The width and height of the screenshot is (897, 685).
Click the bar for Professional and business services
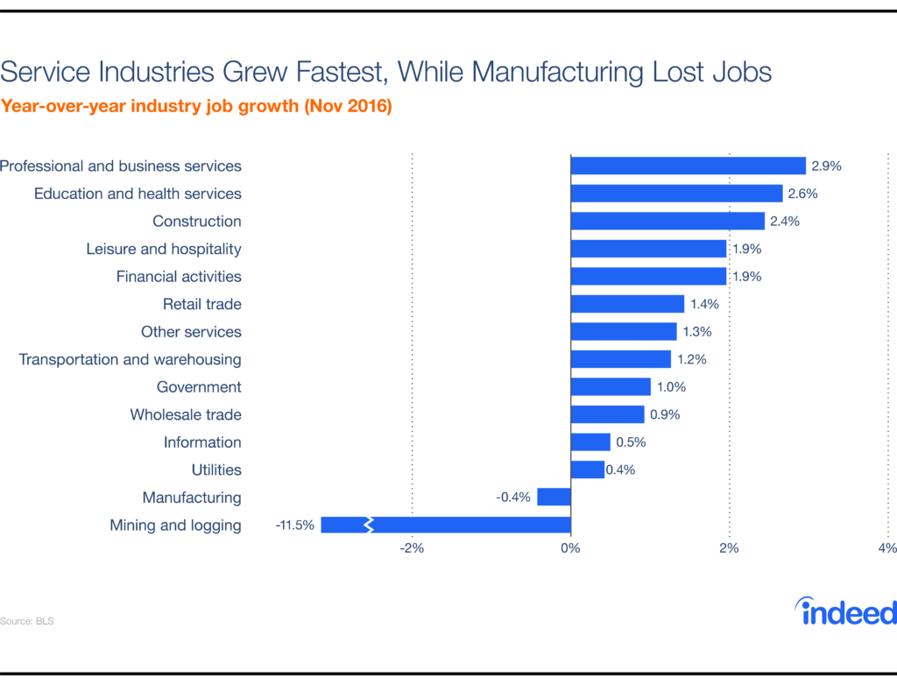tap(689, 166)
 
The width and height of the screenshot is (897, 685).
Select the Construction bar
tap(667, 221)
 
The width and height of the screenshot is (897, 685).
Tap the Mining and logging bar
tap(445, 525)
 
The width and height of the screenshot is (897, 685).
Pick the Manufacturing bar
tap(554, 498)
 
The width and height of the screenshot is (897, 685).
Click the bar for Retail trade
tap(627, 304)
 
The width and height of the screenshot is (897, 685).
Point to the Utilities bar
tap(588, 470)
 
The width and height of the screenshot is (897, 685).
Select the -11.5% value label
tap(294, 526)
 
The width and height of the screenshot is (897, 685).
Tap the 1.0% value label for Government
tap(671, 387)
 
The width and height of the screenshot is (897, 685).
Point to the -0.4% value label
tap(513, 498)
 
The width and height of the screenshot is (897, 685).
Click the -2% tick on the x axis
tap(412, 549)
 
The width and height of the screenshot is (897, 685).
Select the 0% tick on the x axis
tap(570, 549)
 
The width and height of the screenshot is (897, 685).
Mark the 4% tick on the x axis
tap(886, 549)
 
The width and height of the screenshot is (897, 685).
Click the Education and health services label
tap(138, 194)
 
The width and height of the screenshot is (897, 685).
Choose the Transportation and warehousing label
tap(130, 359)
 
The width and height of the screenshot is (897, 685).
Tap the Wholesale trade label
tap(186, 414)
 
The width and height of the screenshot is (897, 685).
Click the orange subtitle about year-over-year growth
tap(196, 108)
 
